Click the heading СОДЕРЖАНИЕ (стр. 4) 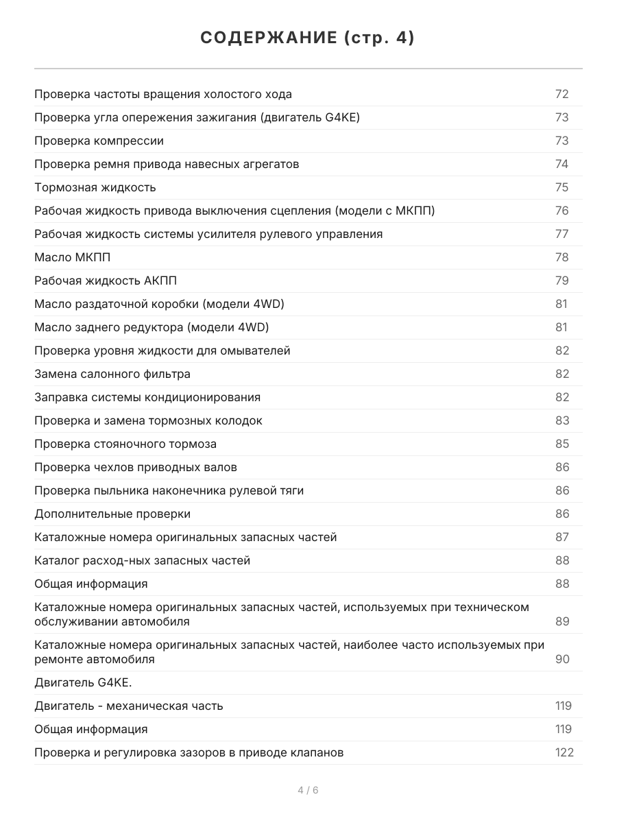(308, 38)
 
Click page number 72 (561, 94)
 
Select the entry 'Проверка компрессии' (99, 141)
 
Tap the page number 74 (561, 164)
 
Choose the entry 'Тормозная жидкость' (95, 187)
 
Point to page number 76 (561, 211)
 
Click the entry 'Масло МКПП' (72, 257)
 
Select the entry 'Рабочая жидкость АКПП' (106, 281)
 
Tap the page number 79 (561, 281)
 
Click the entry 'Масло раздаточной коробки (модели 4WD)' (159, 304)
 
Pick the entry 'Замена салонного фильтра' (112, 374)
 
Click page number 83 (561, 420)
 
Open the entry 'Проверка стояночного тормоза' (125, 444)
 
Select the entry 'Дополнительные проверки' (112, 514)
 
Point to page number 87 (561, 537)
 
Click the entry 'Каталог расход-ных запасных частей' (142, 560)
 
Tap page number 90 (561, 659)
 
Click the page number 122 (564, 752)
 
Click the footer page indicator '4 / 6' (308, 790)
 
